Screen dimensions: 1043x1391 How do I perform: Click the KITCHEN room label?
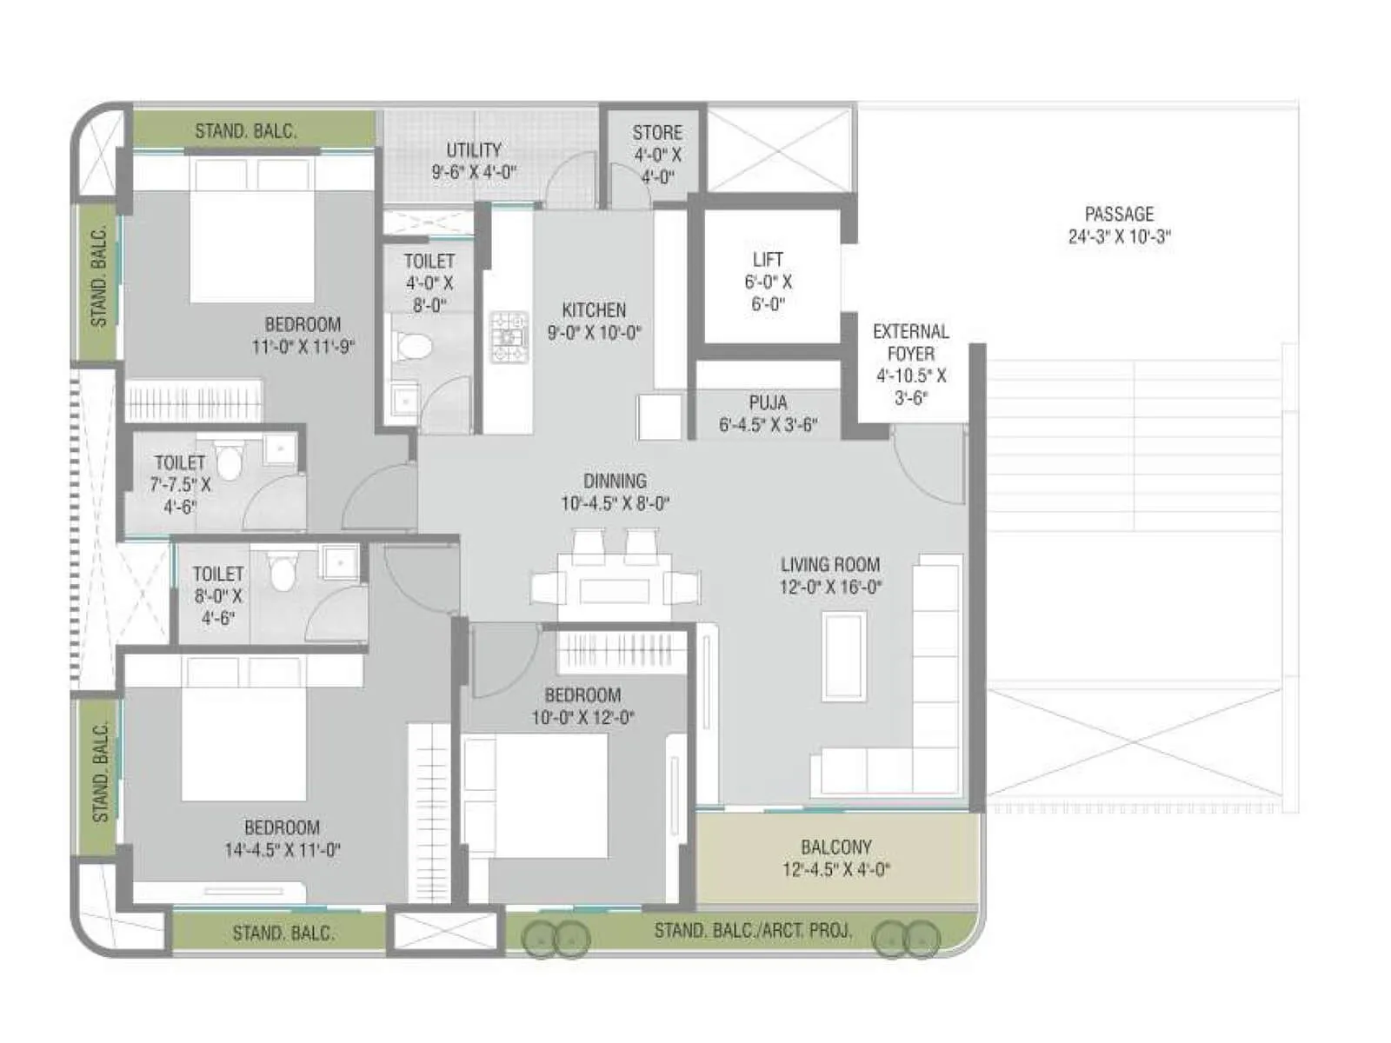594,310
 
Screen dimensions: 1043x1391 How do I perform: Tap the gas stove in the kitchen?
509,337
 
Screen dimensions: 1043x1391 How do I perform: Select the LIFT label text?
768,260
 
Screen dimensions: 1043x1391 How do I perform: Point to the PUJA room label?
768,402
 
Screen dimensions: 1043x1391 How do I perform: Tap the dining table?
616,588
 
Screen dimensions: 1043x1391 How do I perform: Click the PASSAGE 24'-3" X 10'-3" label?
1119,225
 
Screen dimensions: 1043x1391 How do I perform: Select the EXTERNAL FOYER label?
910,342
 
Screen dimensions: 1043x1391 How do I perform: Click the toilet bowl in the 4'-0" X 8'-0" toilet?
414,347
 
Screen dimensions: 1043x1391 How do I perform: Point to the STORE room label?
657,133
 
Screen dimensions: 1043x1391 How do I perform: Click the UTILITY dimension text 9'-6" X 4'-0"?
474,172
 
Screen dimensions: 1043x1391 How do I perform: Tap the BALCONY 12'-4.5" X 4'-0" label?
835,858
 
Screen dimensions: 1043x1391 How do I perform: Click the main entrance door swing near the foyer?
927,469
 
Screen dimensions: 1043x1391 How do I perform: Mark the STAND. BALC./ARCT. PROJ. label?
752,931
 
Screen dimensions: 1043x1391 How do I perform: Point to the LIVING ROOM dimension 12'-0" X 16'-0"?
830,588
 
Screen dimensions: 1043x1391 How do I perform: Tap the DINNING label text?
615,481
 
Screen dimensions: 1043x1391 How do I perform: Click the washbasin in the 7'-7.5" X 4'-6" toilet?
281,448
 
